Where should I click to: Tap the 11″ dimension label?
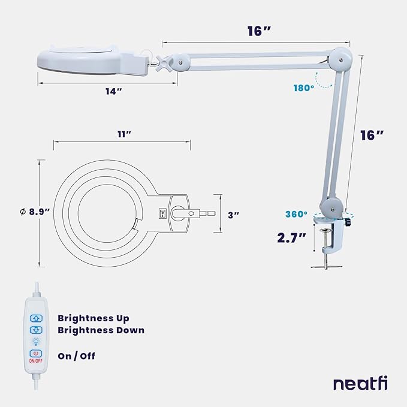tap(124, 135)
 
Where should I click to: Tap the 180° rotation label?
tap(304, 88)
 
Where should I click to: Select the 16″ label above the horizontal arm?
tap(260, 31)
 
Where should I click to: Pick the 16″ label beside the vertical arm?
tap(371, 135)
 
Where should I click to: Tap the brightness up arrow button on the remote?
tap(35, 318)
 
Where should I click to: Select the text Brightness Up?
tap(93, 318)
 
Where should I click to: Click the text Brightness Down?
tap(101, 330)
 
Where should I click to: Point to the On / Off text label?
tap(76, 356)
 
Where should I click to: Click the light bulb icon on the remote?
tap(35, 342)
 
